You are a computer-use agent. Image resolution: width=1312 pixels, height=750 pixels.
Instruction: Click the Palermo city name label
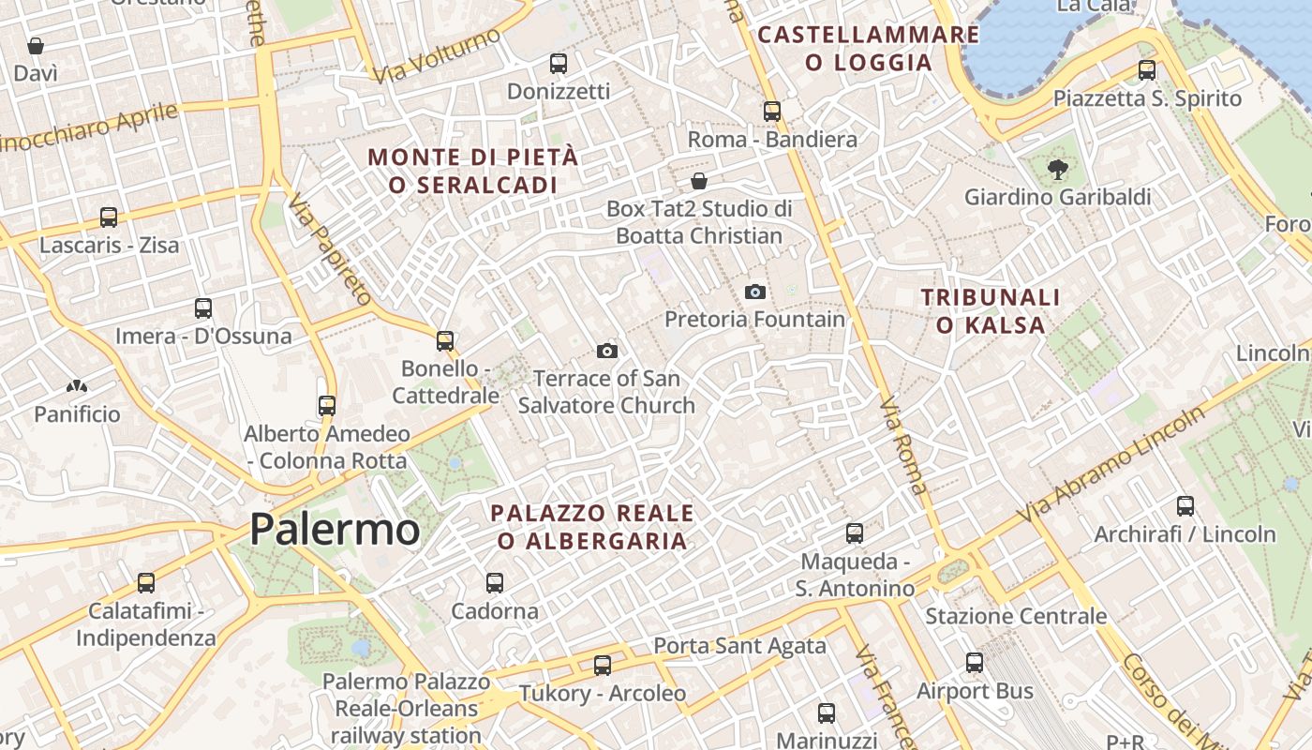(x=335, y=530)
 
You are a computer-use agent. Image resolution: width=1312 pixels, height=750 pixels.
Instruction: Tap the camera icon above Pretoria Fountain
(x=754, y=292)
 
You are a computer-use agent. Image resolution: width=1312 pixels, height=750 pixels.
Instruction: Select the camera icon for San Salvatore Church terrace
(x=606, y=352)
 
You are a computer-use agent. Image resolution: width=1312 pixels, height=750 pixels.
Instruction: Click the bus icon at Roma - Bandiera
(x=772, y=112)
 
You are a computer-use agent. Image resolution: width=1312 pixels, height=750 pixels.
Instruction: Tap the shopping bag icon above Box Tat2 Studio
(x=698, y=181)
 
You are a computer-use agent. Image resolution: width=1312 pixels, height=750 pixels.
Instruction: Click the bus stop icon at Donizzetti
(x=559, y=64)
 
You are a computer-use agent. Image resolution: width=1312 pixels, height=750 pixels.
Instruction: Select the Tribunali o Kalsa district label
(x=991, y=311)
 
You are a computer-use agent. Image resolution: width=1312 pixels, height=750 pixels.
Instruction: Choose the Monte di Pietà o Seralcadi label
(x=473, y=171)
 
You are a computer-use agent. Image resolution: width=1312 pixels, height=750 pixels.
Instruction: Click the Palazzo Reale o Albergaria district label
(x=592, y=527)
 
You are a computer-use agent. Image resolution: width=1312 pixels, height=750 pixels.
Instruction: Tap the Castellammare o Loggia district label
(x=869, y=49)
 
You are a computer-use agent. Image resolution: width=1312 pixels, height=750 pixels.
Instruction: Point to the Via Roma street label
(x=904, y=445)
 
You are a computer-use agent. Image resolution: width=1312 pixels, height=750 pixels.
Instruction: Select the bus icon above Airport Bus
(x=975, y=663)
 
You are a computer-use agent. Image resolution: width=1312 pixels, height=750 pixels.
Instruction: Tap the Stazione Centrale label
(x=1016, y=616)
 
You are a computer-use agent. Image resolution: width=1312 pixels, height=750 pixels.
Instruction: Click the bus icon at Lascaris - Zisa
(x=109, y=217)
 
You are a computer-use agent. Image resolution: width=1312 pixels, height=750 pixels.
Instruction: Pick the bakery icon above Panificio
(x=77, y=386)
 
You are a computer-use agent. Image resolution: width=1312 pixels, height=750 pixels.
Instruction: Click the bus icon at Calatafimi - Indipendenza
(x=145, y=583)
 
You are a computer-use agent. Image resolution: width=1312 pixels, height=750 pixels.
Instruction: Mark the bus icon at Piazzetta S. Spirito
(x=1147, y=70)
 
